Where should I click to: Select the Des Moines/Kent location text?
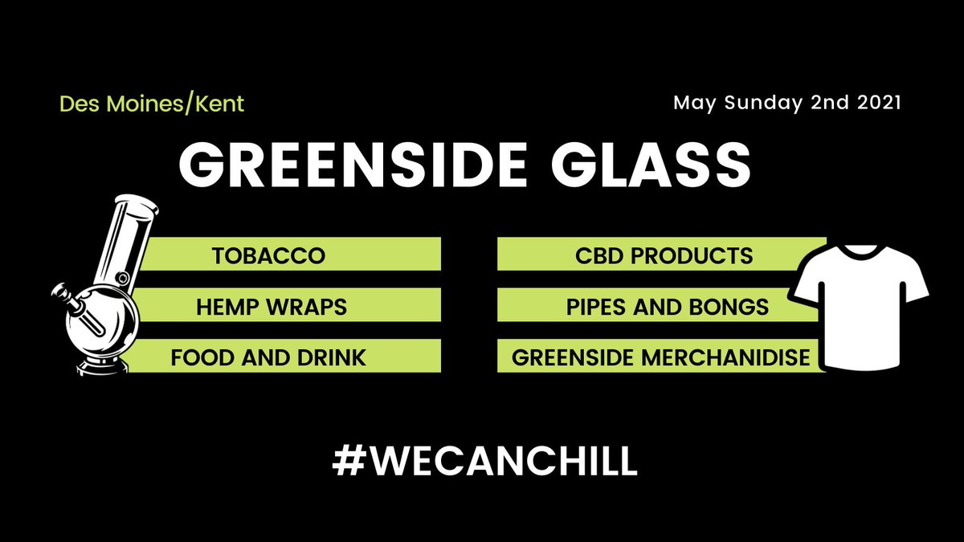(x=152, y=104)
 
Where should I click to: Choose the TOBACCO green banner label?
(x=268, y=256)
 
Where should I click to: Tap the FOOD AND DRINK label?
(x=268, y=357)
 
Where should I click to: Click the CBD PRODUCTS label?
(x=664, y=256)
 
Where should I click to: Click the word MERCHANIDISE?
(x=726, y=357)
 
